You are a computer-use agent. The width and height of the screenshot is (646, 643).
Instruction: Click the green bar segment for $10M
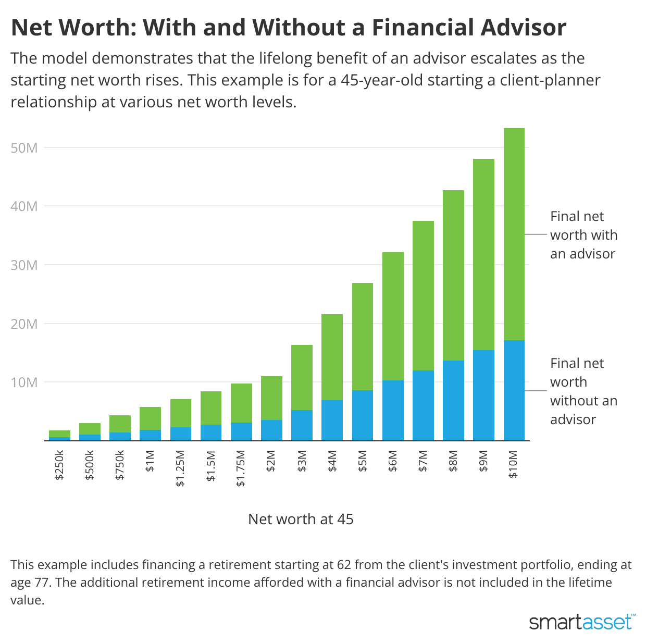(514, 234)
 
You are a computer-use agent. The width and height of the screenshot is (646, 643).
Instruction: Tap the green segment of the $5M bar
(363, 337)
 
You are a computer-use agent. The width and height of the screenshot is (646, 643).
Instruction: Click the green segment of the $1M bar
(150, 418)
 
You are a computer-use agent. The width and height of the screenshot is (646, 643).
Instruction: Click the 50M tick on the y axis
(24, 148)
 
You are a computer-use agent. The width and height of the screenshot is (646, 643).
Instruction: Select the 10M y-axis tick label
(24, 382)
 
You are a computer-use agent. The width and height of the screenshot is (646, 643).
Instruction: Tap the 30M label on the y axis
(24, 265)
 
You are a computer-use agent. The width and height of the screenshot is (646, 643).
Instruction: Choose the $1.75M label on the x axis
(241, 468)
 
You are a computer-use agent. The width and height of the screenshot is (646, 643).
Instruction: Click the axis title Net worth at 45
(301, 519)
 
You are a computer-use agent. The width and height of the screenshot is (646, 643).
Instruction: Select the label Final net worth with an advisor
(583, 235)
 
